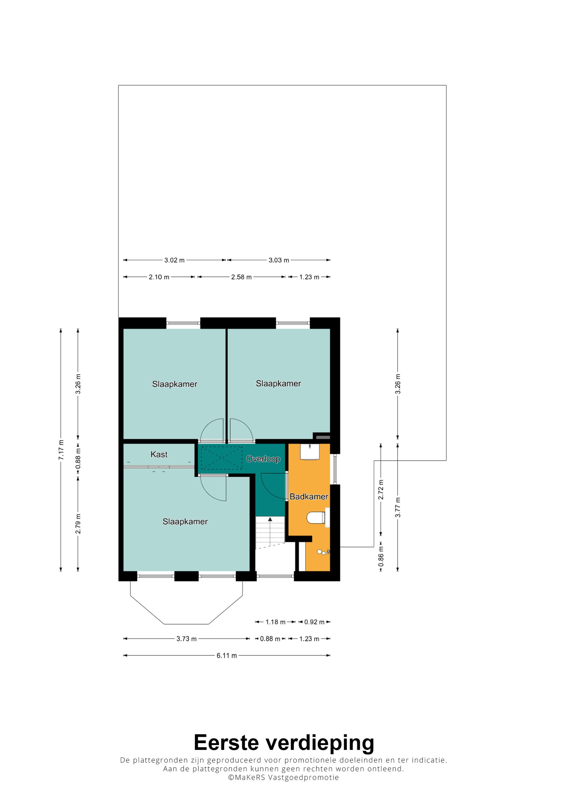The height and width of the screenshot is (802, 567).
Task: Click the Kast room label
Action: click(159, 455)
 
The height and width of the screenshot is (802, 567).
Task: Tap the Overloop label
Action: click(263, 459)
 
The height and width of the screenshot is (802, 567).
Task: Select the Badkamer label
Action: click(309, 497)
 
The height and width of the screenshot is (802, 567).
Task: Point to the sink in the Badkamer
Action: click(310, 452)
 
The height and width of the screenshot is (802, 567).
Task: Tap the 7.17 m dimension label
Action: click(61, 450)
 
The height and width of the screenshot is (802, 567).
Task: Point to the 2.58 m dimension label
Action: click(241, 277)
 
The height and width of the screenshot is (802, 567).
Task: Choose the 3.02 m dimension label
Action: click(175, 260)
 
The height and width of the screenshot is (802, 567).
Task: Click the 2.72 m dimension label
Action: click(381, 490)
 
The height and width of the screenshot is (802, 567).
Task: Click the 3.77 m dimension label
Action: click(398, 508)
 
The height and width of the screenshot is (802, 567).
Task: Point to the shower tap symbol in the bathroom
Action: click(323, 552)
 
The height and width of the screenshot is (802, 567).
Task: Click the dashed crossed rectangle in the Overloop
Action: click(222, 458)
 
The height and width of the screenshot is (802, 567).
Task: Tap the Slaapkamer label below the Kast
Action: click(185, 522)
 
